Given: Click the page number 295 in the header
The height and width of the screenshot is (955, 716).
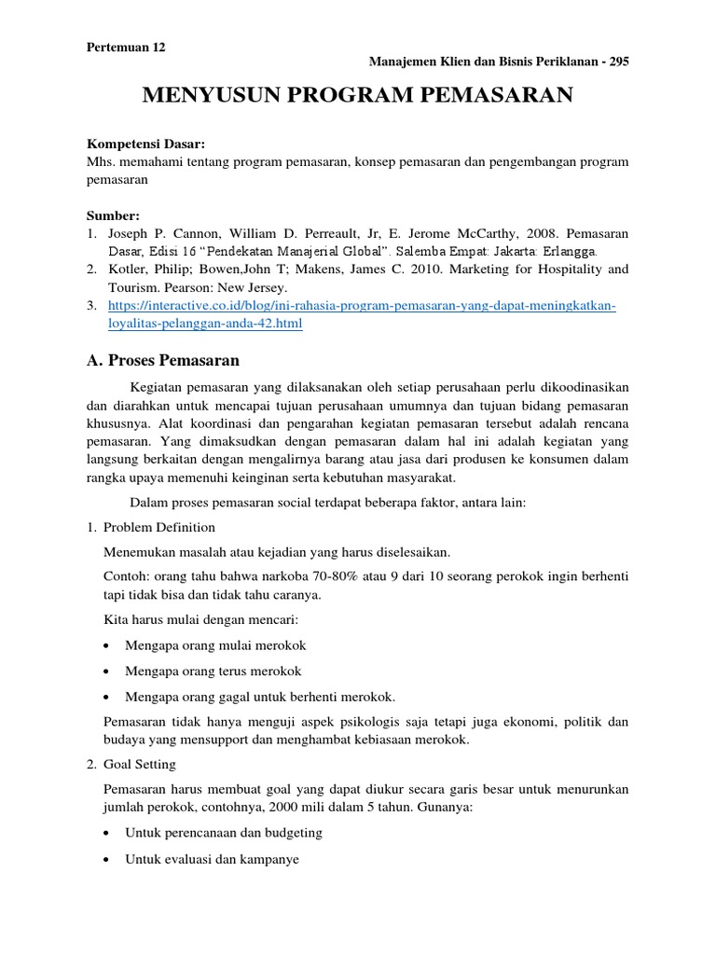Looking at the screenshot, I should (618, 62).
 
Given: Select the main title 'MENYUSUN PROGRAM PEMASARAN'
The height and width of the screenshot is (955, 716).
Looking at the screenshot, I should (357, 96).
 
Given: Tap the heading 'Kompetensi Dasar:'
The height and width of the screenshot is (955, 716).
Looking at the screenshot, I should (145, 145).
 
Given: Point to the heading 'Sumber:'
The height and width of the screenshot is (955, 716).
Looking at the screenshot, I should (113, 215).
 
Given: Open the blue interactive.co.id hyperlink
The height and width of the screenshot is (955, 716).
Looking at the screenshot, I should (362, 306).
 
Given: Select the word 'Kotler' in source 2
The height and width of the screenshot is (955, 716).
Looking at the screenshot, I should (128, 270).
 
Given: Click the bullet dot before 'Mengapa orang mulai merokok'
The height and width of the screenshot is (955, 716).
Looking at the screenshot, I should (109, 645).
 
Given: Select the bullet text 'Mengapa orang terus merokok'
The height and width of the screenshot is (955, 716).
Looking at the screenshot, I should (213, 671).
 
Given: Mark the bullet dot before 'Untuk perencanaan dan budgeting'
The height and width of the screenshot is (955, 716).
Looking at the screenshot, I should (109, 832).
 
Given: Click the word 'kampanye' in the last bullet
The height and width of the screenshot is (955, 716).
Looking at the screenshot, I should (272, 858).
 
